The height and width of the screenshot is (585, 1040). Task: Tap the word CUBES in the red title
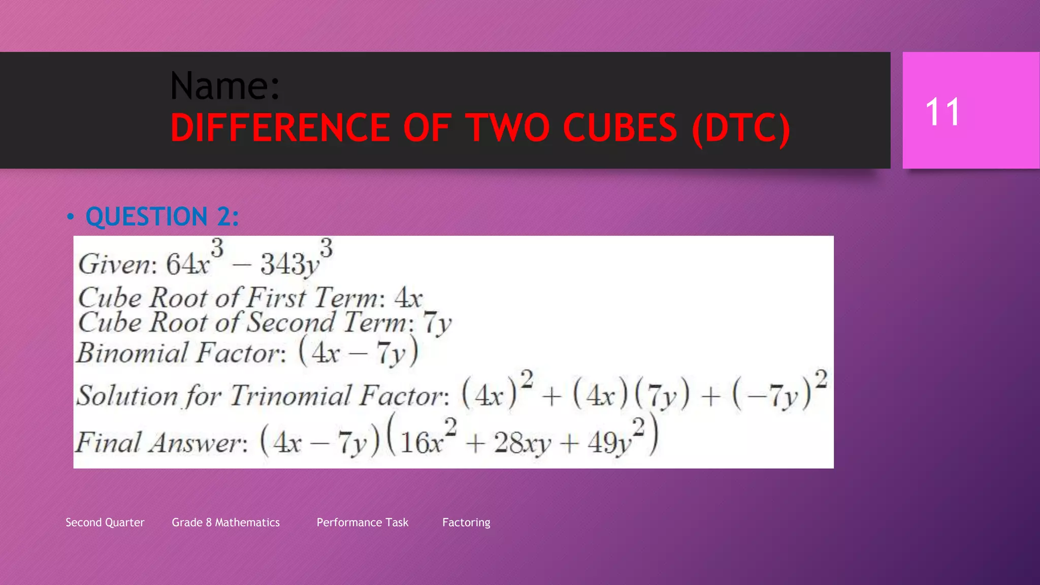[620, 127]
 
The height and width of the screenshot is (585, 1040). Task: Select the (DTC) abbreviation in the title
[741, 128]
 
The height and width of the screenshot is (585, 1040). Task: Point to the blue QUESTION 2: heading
[162, 217]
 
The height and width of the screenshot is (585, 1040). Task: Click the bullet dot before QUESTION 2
[70, 217]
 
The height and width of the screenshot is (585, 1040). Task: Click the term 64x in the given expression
[187, 264]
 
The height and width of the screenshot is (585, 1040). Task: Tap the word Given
[114, 264]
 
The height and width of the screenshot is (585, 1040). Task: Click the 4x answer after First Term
[408, 298]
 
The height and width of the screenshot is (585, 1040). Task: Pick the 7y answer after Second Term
[437, 323]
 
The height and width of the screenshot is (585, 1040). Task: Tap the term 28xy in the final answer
[522, 443]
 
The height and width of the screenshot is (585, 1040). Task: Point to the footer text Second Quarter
[105, 523]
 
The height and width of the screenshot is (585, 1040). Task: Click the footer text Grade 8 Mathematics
[225, 523]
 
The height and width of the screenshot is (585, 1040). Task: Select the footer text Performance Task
[362, 523]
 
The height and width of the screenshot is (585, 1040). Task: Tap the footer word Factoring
[466, 523]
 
